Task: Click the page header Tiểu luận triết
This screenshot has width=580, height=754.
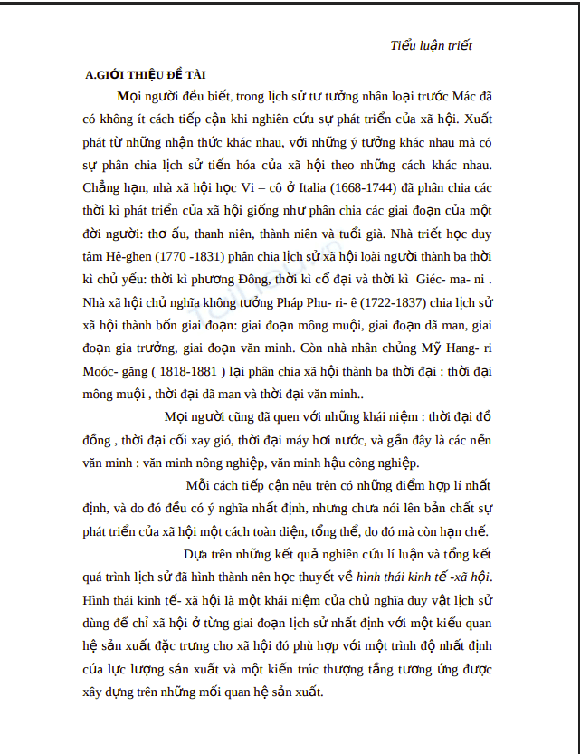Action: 431,45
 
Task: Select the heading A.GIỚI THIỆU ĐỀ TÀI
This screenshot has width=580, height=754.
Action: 146,75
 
